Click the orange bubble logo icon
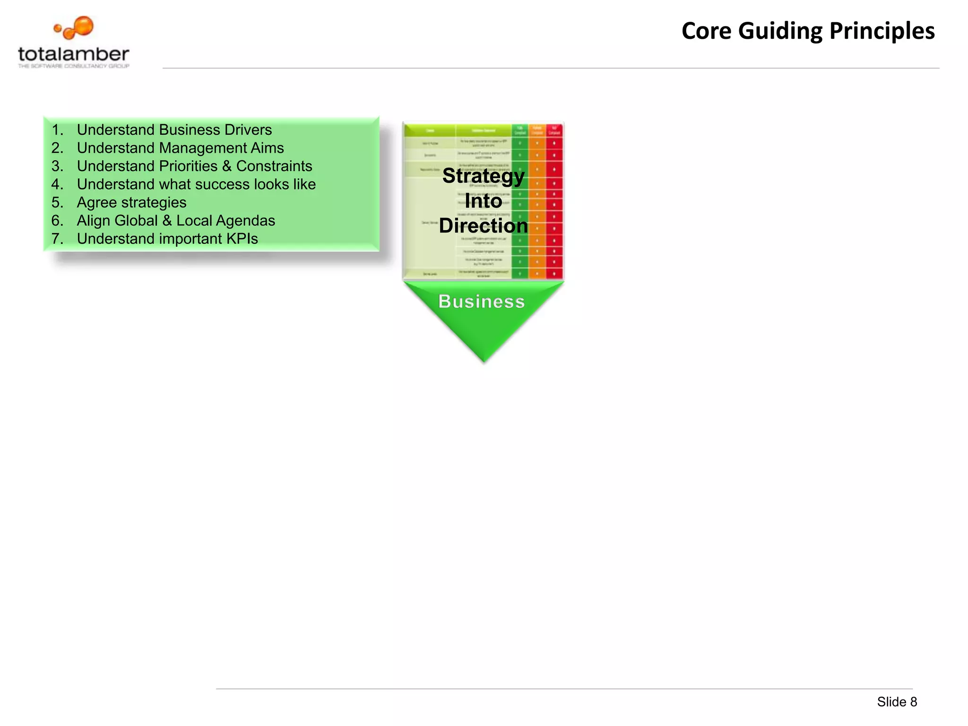(x=76, y=28)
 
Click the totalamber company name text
(x=74, y=54)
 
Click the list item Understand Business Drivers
(x=174, y=130)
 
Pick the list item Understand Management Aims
(x=180, y=148)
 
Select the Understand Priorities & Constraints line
(x=194, y=166)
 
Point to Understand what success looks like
(x=196, y=184)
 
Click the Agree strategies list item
(x=131, y=202)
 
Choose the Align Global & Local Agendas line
(x=176, y=221)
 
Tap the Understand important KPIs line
(x=167, y=239)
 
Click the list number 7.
(x=57, y=239)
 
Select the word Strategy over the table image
(x=483, y=176)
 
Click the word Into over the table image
(x=483, y=201)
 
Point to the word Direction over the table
(x=483, y=226)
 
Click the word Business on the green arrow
(x=482, y=302)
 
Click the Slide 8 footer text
(x=897, y=702)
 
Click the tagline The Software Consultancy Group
(x=74, y=66)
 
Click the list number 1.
(x=57, y=130)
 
